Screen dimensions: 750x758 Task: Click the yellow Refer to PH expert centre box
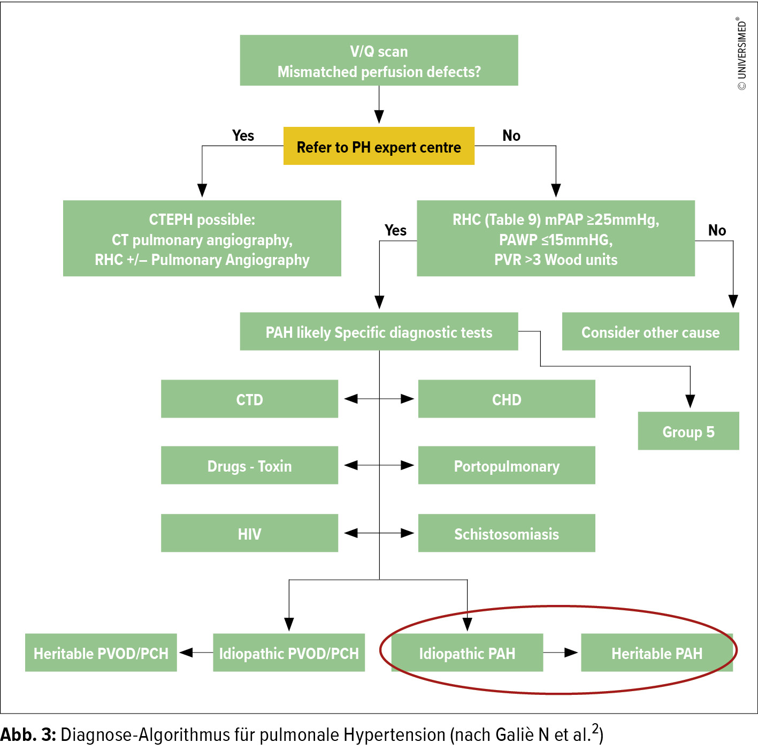pos(379,146)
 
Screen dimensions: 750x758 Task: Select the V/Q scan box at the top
pos(379,60)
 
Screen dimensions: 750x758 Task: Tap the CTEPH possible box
pos(202,239)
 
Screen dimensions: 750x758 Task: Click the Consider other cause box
pos(650,332)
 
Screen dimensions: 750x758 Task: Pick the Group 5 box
pos(688,431)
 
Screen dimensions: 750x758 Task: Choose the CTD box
pos(249,399)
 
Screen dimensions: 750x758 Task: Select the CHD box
pos(507,399)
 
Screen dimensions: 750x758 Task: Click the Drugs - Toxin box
pos(249,466)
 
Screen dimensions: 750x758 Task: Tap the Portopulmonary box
pos(507,466)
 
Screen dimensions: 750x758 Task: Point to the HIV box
pos(249,533)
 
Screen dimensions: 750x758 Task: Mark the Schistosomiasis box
pos(507,533)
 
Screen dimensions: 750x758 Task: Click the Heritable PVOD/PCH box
pos(101,653)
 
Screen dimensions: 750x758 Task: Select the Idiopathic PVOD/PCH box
pos(289,653)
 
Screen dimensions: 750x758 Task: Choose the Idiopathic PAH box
pos(467,653)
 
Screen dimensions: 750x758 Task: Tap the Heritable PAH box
pos(657,653)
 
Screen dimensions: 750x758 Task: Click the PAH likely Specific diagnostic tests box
pos(379,332)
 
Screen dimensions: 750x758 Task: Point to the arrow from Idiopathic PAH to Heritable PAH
pos(562,653)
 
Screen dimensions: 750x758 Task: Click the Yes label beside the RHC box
pos(395,230)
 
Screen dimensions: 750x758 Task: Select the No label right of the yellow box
pos(511,135)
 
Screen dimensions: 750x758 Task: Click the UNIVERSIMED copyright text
pos(741,54)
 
